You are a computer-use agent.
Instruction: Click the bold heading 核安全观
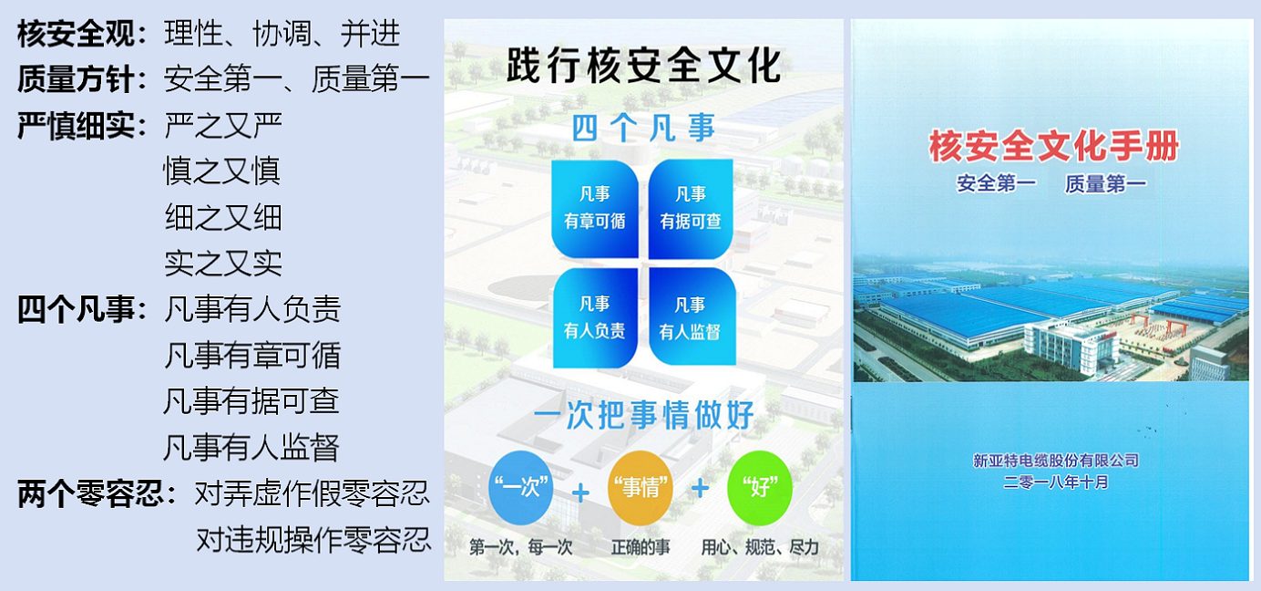pyautogui.click(x=76, y=33)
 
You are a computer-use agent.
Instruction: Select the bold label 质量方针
pyautogui.click(x=76, y=78)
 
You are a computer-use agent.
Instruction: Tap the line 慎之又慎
pyautogui.click(x=222, y=171)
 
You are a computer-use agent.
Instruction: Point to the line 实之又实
pyautogui.click(x=223, y=264)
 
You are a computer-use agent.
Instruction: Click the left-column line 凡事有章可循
pyautogui.click(x=252, y=356)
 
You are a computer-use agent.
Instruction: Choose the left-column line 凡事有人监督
pyautogui.click(x=251, y=448)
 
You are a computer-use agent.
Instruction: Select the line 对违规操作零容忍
pyautogui.click(x=313, y=540)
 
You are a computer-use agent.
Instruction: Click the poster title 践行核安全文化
pyautogui.click(x=644, y=66)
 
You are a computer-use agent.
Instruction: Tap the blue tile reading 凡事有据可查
pyautogui.click(x=691, y=209)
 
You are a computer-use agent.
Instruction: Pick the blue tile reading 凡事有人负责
pyautogui.click(x=595, y=317)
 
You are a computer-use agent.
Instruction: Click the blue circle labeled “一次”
pyautogui.click(x=521, y=487)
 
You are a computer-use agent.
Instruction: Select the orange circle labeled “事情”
pyautogui.click(x=641, y=487)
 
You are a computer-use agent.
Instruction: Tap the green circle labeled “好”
pyautogui.click(x=760, y=487)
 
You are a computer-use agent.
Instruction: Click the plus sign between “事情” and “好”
pyautogui.click(x=700, y=488)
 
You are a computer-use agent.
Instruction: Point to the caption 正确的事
pyautogui.click(x=641, y=547)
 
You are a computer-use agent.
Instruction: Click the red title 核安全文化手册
pyautogui.click(x=1054, y=146)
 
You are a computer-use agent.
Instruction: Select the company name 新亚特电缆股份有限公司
pyautogui.click(x=1056, y=461)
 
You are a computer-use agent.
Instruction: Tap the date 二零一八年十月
pyautogui.click(x=1056, y=482)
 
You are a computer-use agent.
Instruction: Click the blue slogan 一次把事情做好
pyautogui.click(x=643, y=416)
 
